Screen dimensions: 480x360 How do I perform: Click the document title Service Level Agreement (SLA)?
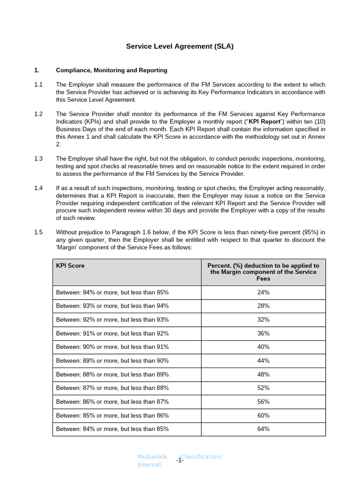pos(180,46)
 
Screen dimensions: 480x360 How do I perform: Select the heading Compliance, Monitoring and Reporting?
pos(112,70)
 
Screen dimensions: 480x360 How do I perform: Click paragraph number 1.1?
pos(38,84)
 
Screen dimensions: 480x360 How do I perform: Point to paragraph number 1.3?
pos(38,158)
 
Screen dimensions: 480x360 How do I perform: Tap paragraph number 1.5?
pos(38,232)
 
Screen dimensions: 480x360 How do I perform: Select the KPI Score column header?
pos(70,265)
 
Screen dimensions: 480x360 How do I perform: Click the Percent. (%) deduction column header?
pos(263,272)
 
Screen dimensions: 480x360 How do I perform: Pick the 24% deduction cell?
pos(263,292)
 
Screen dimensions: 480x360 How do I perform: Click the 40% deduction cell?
pos(263,347)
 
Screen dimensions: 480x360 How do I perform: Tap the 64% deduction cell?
pos(263,429)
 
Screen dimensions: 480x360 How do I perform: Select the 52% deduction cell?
pos(263,388)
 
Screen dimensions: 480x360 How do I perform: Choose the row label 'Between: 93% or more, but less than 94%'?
pos(112,306)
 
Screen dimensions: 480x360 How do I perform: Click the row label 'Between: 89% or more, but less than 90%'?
pos(112,360)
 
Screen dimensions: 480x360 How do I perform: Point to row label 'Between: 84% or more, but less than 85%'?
pos(112,429)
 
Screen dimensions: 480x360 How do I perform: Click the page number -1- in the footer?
pos(180,461)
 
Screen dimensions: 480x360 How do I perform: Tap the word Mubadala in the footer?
pos(152,457)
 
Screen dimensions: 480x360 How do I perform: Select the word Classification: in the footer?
pos(202,457)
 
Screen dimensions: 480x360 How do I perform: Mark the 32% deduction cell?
pos(263,320)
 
